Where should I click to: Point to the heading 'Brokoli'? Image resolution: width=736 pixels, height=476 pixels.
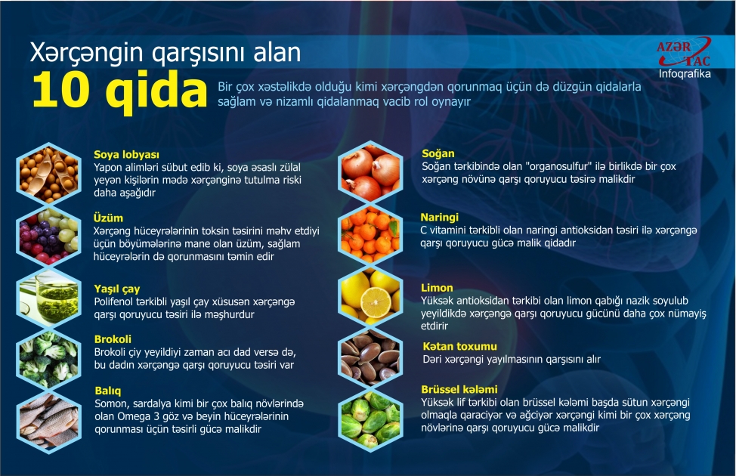pos(113,340)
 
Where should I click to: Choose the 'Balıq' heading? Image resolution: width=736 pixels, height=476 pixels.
pos(108,391)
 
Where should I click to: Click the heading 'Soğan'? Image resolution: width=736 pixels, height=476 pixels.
pos(438,154)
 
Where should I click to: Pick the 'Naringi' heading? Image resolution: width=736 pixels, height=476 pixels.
pos(439,217)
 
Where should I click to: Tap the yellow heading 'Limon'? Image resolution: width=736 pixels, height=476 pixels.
pos(437,288)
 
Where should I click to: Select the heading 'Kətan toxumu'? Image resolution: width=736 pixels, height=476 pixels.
pos(459,345)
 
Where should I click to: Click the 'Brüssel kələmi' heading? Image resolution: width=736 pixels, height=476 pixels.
pos(459,389)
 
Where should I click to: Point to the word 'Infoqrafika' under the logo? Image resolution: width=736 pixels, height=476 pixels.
pos(685,74)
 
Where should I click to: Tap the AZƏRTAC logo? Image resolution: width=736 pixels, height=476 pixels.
pos(684,52)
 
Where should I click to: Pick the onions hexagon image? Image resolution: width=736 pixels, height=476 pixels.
pos(370,172)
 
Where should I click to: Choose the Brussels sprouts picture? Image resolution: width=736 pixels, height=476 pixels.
pos(370,417)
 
